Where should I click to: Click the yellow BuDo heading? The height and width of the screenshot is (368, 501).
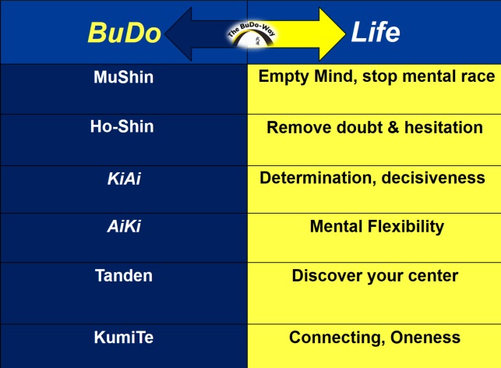click(124, 33)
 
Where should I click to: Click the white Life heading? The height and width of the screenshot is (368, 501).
click(376, 32)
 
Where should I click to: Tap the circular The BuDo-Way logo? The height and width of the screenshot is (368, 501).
click(252, 34)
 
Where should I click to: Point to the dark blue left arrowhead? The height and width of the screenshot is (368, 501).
click(179, 34)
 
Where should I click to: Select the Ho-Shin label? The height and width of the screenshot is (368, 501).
click(122, 126)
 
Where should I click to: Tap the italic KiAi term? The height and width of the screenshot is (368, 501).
click(124, 179)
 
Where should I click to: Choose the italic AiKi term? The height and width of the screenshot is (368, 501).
click(124, 226)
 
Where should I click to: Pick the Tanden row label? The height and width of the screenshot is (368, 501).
click(124, 275)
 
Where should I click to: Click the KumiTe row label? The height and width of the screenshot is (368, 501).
click(124, 338)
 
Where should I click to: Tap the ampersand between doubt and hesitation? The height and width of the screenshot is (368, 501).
click(393, 127)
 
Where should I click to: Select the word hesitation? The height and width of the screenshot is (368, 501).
click(444, 127)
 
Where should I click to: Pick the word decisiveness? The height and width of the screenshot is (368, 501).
click(433, 178)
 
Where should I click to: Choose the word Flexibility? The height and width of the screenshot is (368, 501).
click(406, 227)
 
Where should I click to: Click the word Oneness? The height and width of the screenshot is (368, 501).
click(425, 338)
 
